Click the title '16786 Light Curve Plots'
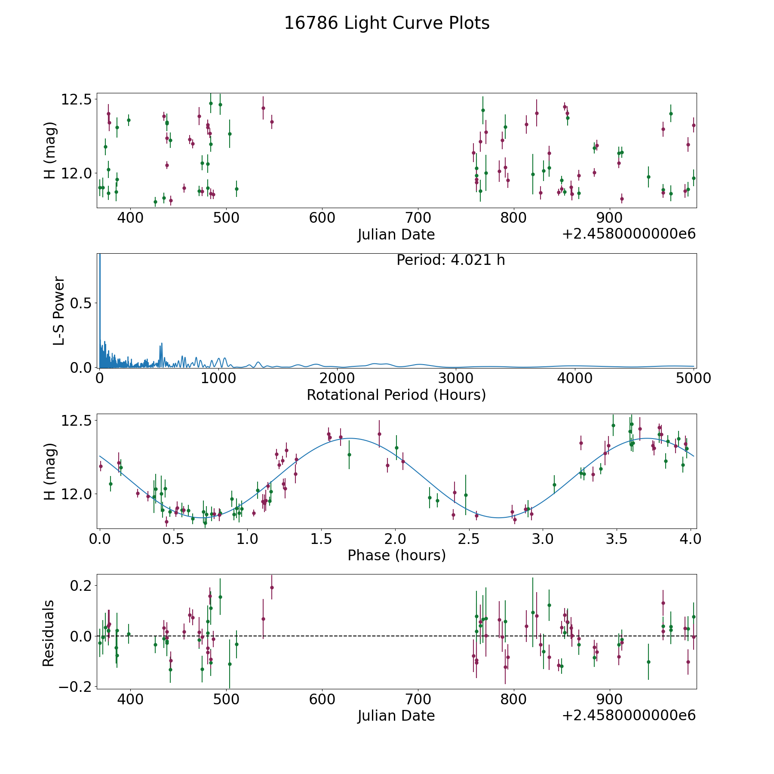pyautogui.click(x=387, y=23)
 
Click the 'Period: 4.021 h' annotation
pyautogui.click(x=450, y=260)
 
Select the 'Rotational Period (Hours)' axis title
pyautogui.click(x=396, y=395)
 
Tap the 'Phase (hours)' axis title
pyautogui.click(x=396, y=555)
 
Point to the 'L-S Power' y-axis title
pyautogui.click(x=59, y=310)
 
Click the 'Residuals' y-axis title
pyautogui.click(x=49, y=633)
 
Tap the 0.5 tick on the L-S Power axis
pyautogui.click(x=80, y=304)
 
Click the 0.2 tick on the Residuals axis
pyautogui.click(x=80, y=586)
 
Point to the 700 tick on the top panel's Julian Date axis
pyautogui.click(x=418, y=218)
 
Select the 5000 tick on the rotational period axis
pyautogui.click(x=693, y=378)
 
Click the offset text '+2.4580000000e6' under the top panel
pyautogui.click(x=629, y=234)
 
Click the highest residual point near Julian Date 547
pyautogui.click(x=272, y=587)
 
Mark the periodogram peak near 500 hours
pyautogui.click(x=162, y=343)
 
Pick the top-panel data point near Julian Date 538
pyautogui.click(x=263, y=108)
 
